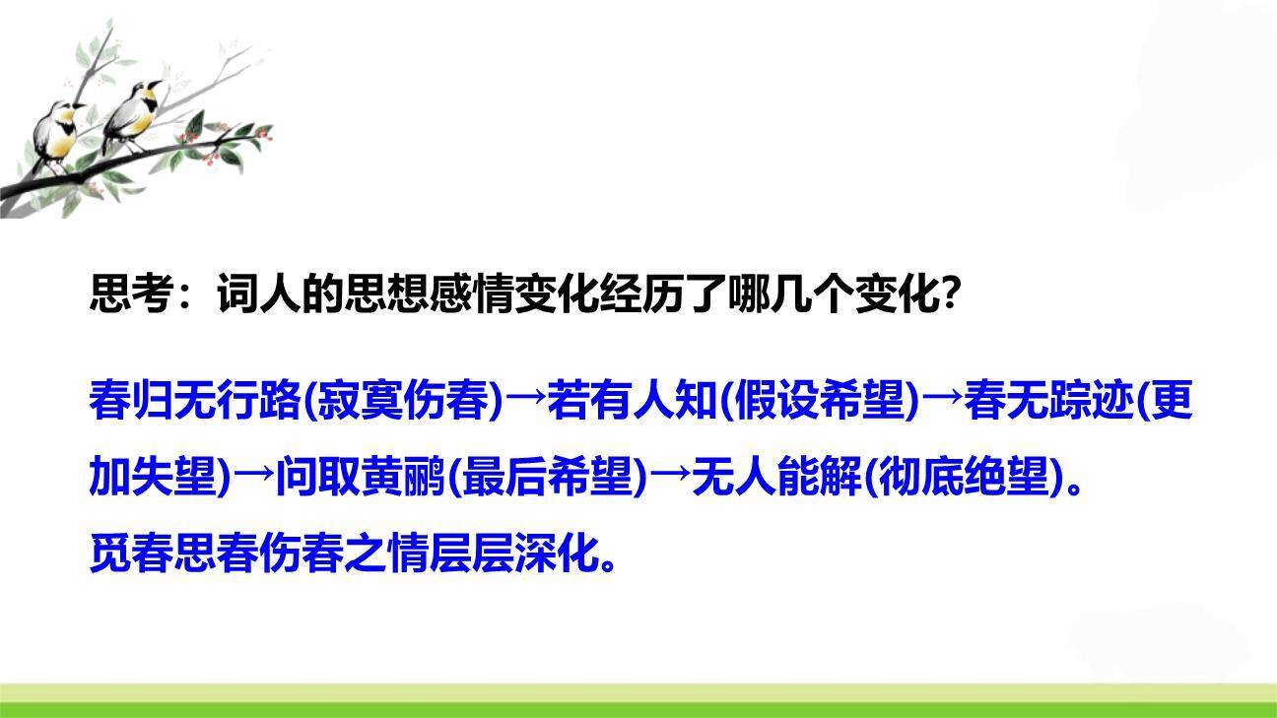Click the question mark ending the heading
pos(950,294)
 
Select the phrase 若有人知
pos(631,401)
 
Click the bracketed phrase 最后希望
pos(548,480)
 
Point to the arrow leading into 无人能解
pos(670,480)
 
